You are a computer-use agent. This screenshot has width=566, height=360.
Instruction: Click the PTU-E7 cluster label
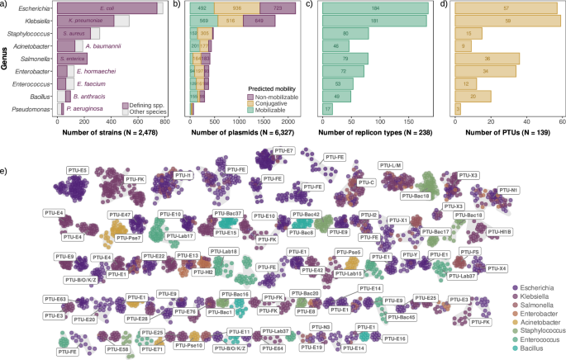pos(284,152)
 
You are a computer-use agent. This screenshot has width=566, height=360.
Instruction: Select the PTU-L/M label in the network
pos(390,164)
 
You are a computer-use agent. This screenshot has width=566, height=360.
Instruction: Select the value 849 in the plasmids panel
pos(259,20)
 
